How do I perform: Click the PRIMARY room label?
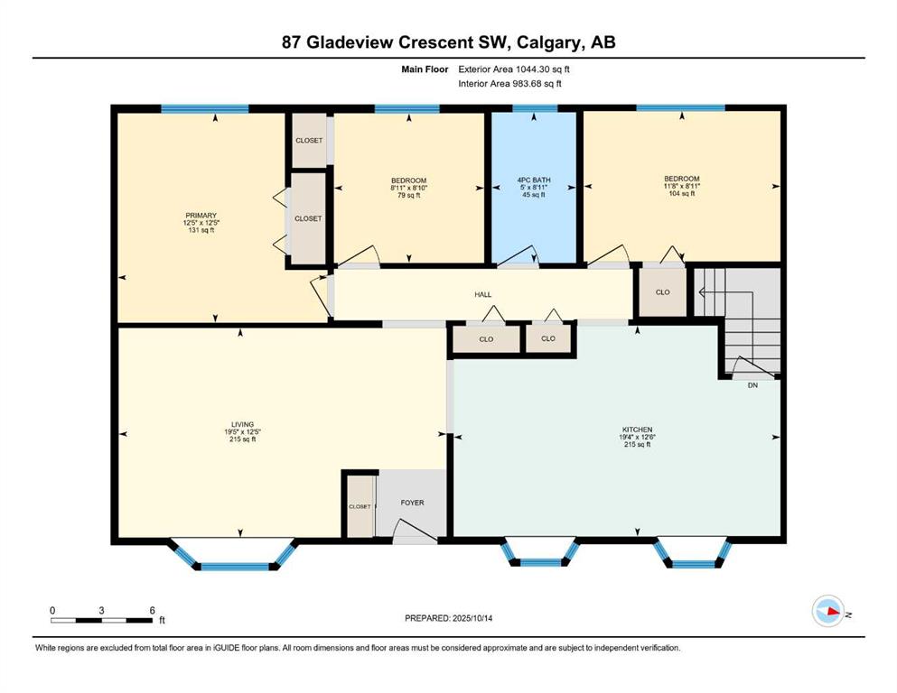point(201,216)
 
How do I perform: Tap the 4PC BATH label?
point(534,180)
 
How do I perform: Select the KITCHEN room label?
point(637,430)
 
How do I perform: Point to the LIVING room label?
point(242,424)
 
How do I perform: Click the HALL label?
point(482,295)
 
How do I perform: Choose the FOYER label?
point(413,503)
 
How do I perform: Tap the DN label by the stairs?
point(752,385)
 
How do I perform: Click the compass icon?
point(828,611)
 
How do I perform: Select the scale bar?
point(102,620)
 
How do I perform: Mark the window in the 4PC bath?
point(534,108)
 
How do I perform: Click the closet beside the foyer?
point(360,506)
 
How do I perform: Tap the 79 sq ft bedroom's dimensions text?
point(409,188)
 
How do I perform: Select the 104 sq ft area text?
point(682,194)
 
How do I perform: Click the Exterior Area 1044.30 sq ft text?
point(514,69)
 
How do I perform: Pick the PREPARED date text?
point(448,618)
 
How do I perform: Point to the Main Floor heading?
point(425,69)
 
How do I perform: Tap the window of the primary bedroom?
point(205,108)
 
